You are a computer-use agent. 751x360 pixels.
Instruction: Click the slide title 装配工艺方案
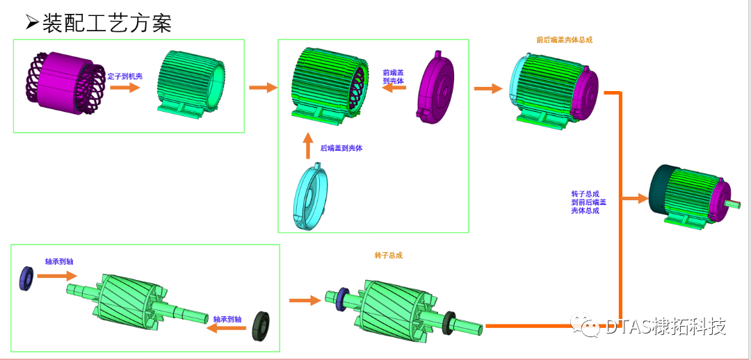pos(106,23)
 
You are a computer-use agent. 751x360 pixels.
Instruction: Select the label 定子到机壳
pos(125,76)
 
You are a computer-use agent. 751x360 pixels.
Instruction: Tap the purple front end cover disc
pos(437,88)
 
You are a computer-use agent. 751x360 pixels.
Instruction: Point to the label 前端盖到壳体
pos(394,76)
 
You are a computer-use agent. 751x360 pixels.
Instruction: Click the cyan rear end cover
pos(311,197)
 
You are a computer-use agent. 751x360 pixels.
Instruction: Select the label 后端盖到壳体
pos(341,148)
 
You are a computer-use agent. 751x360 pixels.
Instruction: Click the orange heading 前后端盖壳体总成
pos(564,40)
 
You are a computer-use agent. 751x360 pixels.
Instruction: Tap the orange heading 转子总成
pos(389,255)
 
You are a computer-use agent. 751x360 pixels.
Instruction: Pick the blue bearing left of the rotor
pos(26,277)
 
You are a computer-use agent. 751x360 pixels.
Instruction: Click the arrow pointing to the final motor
pos(634,199)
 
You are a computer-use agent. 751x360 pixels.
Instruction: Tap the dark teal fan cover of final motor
pos(659,188)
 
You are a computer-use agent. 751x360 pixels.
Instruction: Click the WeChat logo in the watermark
pos(586,326)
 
